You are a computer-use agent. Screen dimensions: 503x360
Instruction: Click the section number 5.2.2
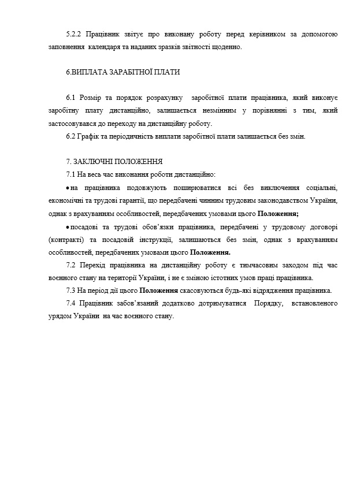(75, 35)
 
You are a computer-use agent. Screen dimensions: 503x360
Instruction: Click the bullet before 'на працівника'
(68, 188)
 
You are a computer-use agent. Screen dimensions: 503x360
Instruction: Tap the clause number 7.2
(72, 264)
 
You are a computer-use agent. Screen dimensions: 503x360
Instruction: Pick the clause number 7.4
(72, 303)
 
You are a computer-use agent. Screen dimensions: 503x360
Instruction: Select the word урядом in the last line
(60, 316)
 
